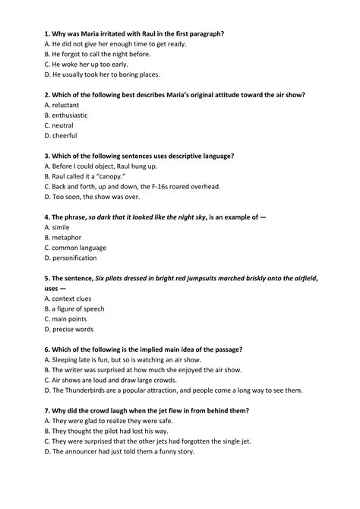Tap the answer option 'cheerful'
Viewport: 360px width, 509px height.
65,135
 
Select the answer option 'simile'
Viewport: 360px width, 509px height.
62,226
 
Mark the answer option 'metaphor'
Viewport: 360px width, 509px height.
68,237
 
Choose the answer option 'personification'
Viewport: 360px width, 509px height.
77,258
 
